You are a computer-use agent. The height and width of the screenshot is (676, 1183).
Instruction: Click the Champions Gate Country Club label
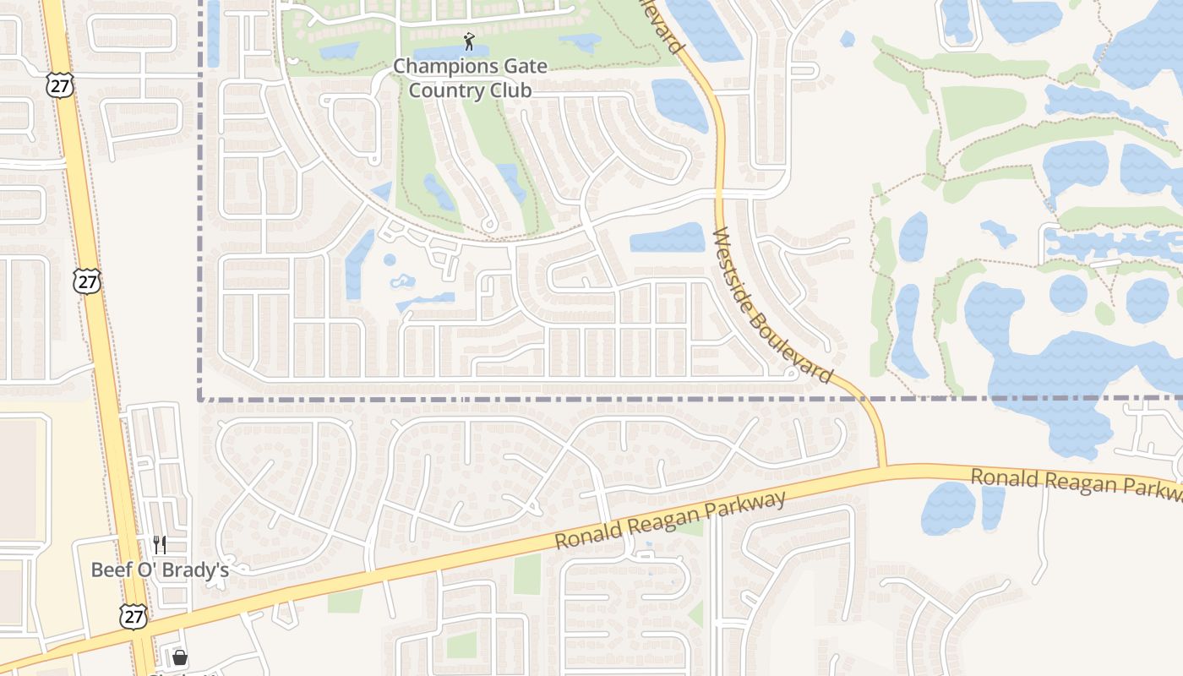(470, 78)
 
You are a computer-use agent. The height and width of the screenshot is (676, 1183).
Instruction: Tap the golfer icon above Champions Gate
(470, 40)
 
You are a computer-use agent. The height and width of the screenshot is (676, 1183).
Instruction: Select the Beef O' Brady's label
(160, 570)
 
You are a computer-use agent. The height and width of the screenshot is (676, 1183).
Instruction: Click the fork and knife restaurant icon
(160, 544)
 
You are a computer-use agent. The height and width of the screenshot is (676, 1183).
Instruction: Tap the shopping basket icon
(179, 657)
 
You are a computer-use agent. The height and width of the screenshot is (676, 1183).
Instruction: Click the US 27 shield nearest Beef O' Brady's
(133, 617)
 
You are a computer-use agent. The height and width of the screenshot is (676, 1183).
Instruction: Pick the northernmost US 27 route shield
(62, 84)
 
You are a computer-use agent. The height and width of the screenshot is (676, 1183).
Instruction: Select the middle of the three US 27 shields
(87, 281)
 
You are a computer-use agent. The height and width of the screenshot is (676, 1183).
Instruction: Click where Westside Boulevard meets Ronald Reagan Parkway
(882, 467)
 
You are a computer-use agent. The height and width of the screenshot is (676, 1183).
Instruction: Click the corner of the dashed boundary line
(200, 399)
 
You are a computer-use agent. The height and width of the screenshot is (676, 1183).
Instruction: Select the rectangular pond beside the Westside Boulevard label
(668, 238)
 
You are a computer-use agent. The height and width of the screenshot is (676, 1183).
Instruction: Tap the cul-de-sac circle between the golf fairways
(488, 225)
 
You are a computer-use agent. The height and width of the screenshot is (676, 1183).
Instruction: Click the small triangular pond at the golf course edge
(382, 192)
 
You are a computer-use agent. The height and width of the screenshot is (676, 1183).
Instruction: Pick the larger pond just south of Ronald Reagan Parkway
(948, 508)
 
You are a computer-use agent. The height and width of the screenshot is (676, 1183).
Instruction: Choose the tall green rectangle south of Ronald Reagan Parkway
(527, 575)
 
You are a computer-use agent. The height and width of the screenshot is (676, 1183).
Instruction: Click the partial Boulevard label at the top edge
(661, 25)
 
